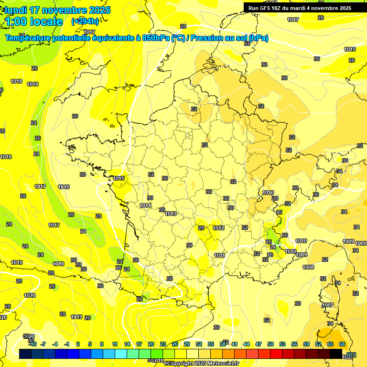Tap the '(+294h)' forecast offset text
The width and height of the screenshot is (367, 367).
[x=85, y=21]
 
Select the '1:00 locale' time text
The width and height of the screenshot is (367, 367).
[x=34, y=22]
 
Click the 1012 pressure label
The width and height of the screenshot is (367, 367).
[x=219, y=228]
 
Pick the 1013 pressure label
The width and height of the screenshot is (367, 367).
[x=171, y=214]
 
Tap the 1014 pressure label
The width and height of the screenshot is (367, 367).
[x=146, y=205]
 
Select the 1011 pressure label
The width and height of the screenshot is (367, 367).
[x=220, y=255]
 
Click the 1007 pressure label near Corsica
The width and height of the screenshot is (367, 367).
[x=328, y=305]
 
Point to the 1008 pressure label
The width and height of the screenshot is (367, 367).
[x=308, y=267]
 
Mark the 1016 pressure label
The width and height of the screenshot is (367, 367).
[x=64, y=187]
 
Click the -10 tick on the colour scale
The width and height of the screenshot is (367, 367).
[x=32, y=344]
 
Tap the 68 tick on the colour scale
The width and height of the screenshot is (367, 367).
[x=342, y=344]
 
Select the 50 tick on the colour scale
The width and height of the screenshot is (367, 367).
[x=270, y=344]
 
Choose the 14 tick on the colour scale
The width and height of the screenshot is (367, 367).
[x=127, y=344]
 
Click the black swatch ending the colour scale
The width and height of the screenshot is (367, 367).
[x=336, y=354]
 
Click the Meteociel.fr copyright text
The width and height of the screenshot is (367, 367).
[x=201, y=364]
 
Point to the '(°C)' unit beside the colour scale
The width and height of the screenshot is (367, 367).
[x=351, y=354]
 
